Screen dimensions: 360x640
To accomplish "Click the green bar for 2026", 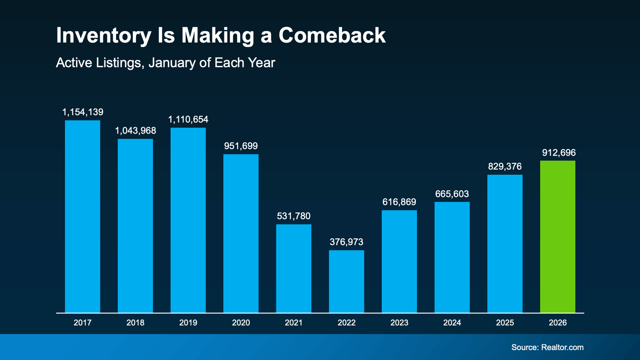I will pyautogui.click(x=558, y=236).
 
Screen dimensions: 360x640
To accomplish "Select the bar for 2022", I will pyautogui.click(x=346, y=281).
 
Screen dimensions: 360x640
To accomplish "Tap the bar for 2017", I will pyautogui.click(x=82, y=216).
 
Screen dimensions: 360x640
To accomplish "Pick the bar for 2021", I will pyautogui.click(x=294, y=268).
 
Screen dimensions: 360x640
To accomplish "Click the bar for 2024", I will pyautogui.click(x=452, y=257).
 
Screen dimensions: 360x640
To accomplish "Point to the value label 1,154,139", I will pyautogui.click(x=82, y=112).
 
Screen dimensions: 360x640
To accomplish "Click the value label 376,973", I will pyautogui.click(x=346, y=242).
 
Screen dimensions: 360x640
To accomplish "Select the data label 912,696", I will pyautogui.click(x=559, y=153).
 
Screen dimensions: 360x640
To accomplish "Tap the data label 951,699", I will pyautogui.click(x=241, y=146).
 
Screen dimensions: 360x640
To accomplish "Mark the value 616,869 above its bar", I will pyautogui.click(x=399, y=202).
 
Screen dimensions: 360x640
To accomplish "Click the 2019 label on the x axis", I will pyautogui.click(x=188, y=323).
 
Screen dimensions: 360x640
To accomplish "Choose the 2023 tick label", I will pyautogui.click(x=399, y=323).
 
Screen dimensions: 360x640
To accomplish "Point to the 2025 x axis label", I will pyautogui.click(x=505, y=323).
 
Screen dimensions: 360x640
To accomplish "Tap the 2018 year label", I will pyautogui.click(x=135, y=323).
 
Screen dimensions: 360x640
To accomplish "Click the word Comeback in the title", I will pyautogui.click(x=332, y=35).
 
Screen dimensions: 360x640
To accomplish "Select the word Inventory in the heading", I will pyautogui.click(x=104, y=35).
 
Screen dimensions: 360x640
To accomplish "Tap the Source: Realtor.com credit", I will pyautogui.click(x=547, y=347).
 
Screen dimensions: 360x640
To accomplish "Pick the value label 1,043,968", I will pyautogui.click(x=135, y=131).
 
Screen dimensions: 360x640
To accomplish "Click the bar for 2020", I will pyautogui.click(x=241, y=233).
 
